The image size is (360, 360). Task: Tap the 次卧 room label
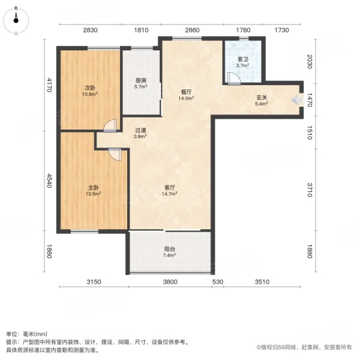89,88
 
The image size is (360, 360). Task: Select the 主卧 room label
92,187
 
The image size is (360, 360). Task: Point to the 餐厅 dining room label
186,92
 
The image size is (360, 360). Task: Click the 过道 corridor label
140,130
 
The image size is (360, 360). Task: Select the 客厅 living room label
169,187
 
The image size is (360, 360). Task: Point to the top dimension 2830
90,30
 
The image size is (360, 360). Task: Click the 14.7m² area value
169,194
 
